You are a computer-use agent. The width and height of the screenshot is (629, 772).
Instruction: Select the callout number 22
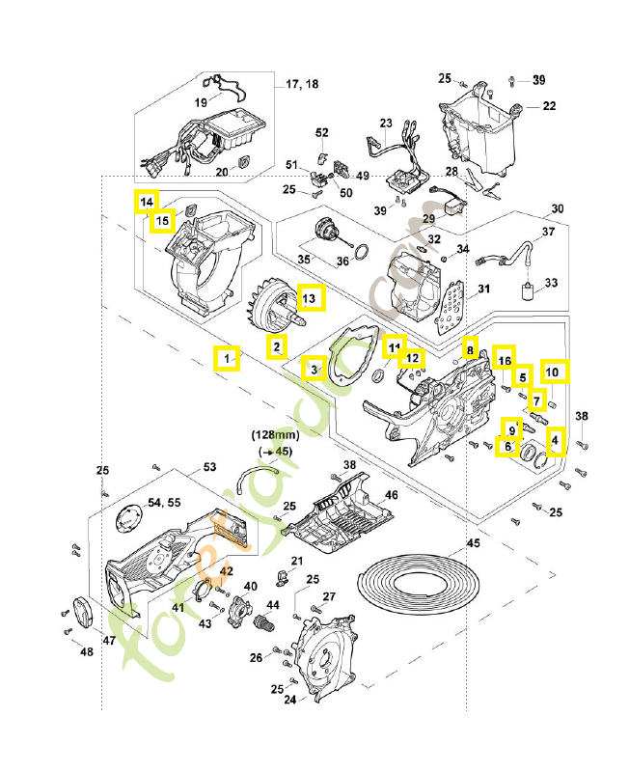549,106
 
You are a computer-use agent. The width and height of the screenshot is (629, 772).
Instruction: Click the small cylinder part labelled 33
529,291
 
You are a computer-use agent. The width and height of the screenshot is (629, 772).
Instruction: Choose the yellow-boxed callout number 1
227,359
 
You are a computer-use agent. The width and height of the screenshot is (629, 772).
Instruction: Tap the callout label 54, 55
162,504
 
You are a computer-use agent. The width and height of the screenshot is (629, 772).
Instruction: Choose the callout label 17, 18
302,85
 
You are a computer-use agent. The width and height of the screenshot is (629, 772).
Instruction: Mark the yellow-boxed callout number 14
145,202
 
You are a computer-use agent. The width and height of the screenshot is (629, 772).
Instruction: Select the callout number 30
557,208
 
